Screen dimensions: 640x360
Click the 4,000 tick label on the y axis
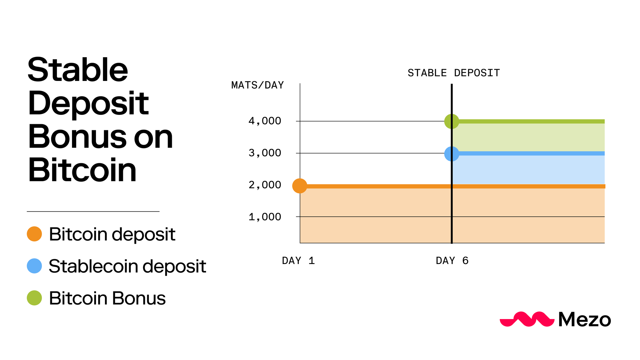tap(265, 121)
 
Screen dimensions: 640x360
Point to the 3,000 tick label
tap(265, 153)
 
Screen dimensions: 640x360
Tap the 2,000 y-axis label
tap(265, 185)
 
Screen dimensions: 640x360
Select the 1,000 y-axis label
tap(265, 217)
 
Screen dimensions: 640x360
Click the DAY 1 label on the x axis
tap(298, 261)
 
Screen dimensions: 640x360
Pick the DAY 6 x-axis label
tap(452, 261)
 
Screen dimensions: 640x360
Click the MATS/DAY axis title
tap(258, 85)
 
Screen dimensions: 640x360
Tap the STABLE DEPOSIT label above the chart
tap(454, 73)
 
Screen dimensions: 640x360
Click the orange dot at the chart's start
tap(300, 186)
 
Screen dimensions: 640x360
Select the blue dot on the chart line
tap(452, 154)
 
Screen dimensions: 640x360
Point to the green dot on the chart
tap(452, 121)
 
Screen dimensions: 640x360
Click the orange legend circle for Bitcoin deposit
tap(34, 234)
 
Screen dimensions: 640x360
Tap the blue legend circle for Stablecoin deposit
tap(34, 266)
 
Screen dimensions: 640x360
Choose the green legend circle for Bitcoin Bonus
tap(34, 298)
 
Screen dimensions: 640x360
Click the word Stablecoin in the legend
tap(93, 266)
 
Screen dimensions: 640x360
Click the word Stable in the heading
tap(78, 70)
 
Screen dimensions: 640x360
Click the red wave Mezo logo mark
tap(527, 319)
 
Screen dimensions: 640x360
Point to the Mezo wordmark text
tap(585, 319)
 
